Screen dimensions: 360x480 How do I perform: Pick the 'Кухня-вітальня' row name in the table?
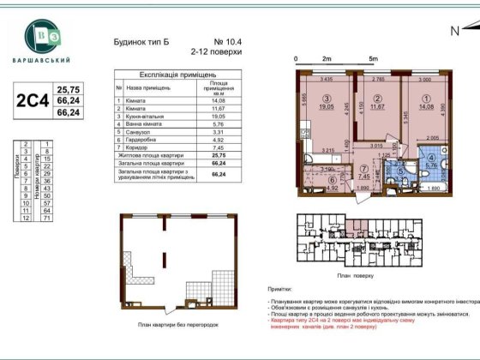147,117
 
